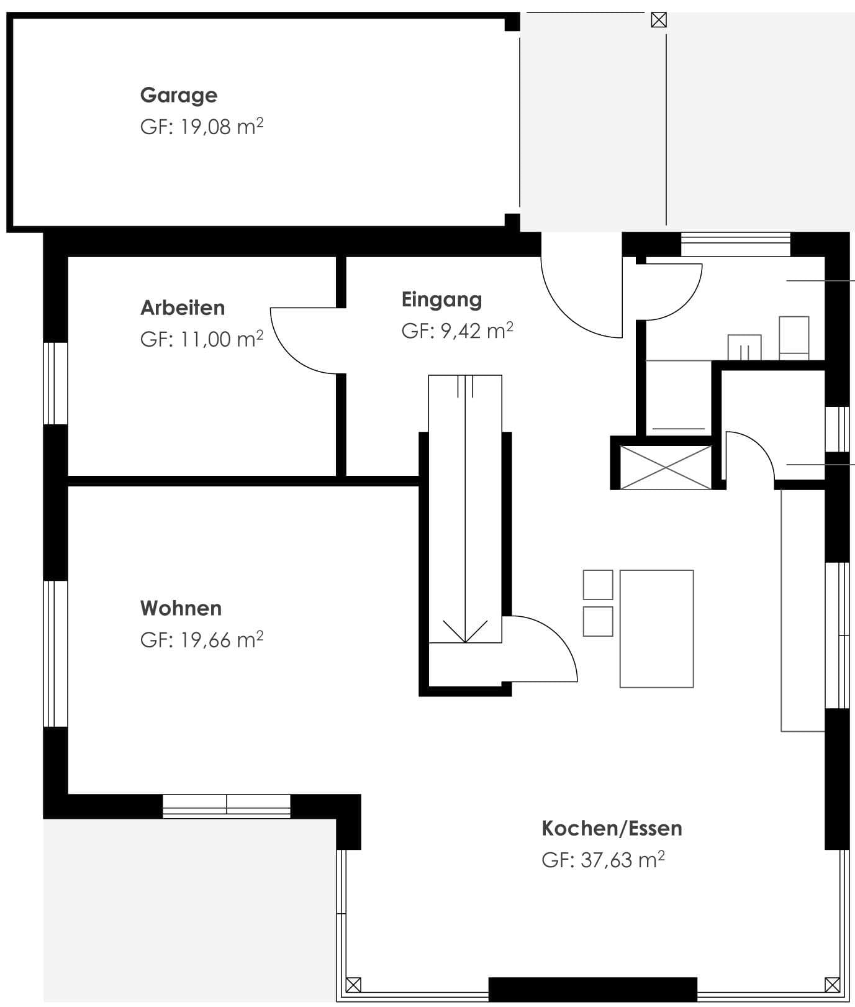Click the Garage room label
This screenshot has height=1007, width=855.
click(x=179, y=96)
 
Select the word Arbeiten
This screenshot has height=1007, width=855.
click(x=183, y=308)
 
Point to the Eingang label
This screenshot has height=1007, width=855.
click(x=441, y=300)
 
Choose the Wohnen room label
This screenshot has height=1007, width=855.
click(x=181, y=608)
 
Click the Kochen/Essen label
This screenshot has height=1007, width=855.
click(x=612, y=828)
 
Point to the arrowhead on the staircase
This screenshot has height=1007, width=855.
click(x=464, y=631)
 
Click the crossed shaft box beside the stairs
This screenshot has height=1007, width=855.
click(x=666, y=467)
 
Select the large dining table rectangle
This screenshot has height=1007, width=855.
click(x=656, y=629)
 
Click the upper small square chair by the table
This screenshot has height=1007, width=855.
click(x=598, y=585)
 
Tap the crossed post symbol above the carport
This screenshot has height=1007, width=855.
click(x=659, y=21)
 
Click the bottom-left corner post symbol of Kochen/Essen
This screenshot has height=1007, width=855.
click(x=353, y=985)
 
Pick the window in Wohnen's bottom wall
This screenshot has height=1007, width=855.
click(x=227, y=806)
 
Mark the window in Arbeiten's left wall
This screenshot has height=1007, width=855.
click(x=55, y=383)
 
